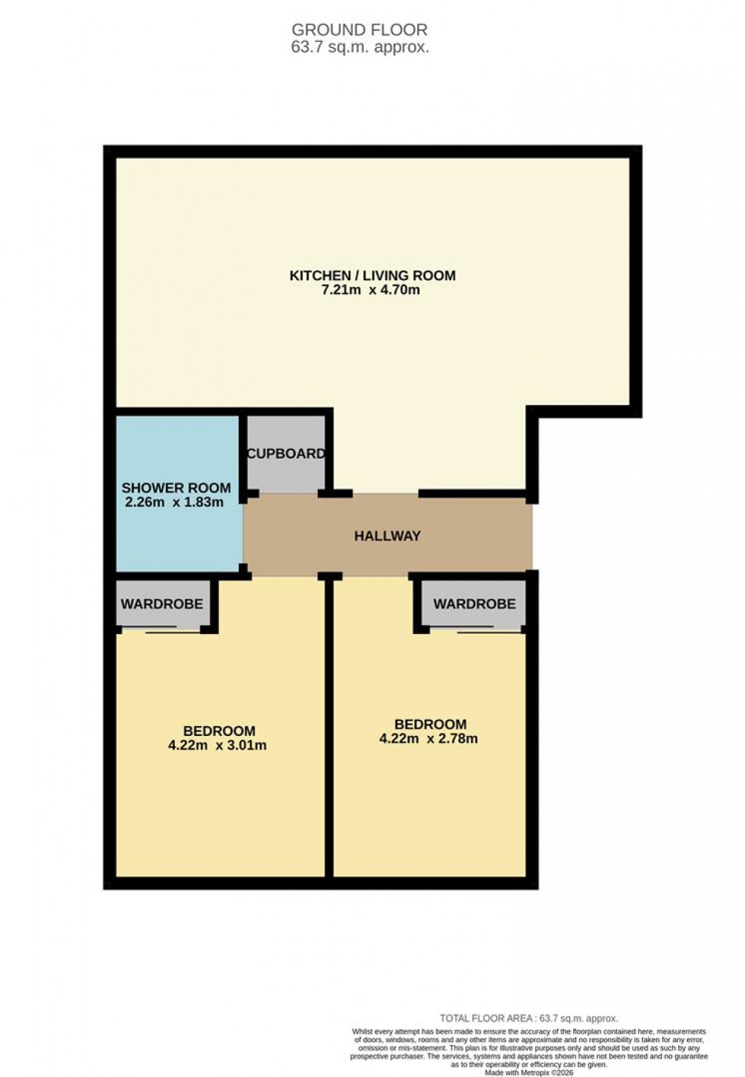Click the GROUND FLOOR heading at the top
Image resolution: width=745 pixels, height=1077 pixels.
click(360, 30)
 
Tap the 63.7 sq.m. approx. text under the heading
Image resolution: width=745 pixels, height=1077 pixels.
click(360, 46)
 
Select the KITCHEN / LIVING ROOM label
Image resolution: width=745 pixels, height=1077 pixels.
click(372, 275)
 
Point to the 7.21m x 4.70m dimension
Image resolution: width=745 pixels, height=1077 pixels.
click(372, 290)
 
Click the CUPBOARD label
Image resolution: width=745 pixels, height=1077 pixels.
click(286, 453)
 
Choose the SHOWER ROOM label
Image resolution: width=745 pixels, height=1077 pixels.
click(176, 488)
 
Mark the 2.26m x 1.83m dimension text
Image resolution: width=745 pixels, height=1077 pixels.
click(174, 502)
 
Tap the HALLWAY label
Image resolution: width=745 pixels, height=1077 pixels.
click(387, 536)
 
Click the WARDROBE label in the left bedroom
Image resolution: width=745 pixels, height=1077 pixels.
click(162, 604)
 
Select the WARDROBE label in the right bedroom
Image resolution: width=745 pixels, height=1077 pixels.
click(474, 604)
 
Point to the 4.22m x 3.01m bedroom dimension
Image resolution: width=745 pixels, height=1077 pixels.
click(217, 745)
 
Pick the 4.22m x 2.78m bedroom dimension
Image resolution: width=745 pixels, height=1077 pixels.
click(429, 738)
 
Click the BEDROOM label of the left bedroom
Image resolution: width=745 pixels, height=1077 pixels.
click(219, 731)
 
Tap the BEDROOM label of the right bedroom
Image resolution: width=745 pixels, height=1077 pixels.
click(430, 724)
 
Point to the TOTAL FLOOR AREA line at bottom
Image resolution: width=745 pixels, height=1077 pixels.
click(529, 1019)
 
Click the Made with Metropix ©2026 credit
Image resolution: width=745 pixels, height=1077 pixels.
click(529, 1072)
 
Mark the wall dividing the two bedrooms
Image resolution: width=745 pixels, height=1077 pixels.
click(329, 729)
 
